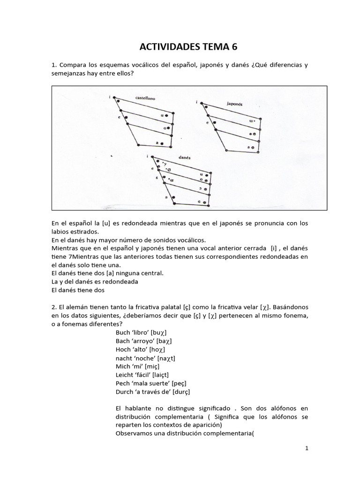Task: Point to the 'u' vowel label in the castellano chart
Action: (x=162, y=115)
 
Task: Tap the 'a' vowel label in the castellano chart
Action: (x=156, y=143)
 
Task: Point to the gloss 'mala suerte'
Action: (x=150, y=383)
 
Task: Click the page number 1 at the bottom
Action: (x=307, y=448)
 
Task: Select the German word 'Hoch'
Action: (x=124, y=349)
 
